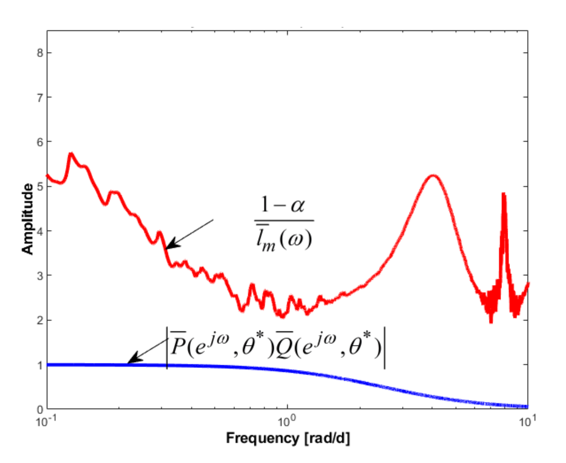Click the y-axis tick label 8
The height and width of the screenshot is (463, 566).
click(40, 53)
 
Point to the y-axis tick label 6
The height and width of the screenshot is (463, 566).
click(40, 142)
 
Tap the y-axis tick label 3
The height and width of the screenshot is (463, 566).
click(40, 276)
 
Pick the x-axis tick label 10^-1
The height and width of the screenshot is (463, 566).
click(46, 421)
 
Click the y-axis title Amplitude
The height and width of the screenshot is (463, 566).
click(28, 219)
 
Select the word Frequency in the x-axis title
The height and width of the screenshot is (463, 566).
click(262, 438)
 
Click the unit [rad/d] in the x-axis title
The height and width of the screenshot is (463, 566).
click(327, 438)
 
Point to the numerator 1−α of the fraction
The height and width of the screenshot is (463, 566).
click(283, 205)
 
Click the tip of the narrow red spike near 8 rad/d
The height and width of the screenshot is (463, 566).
click(504, 194)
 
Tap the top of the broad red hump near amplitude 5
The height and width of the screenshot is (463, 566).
click(433, 176)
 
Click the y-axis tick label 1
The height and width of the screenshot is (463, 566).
click(40, 365)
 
